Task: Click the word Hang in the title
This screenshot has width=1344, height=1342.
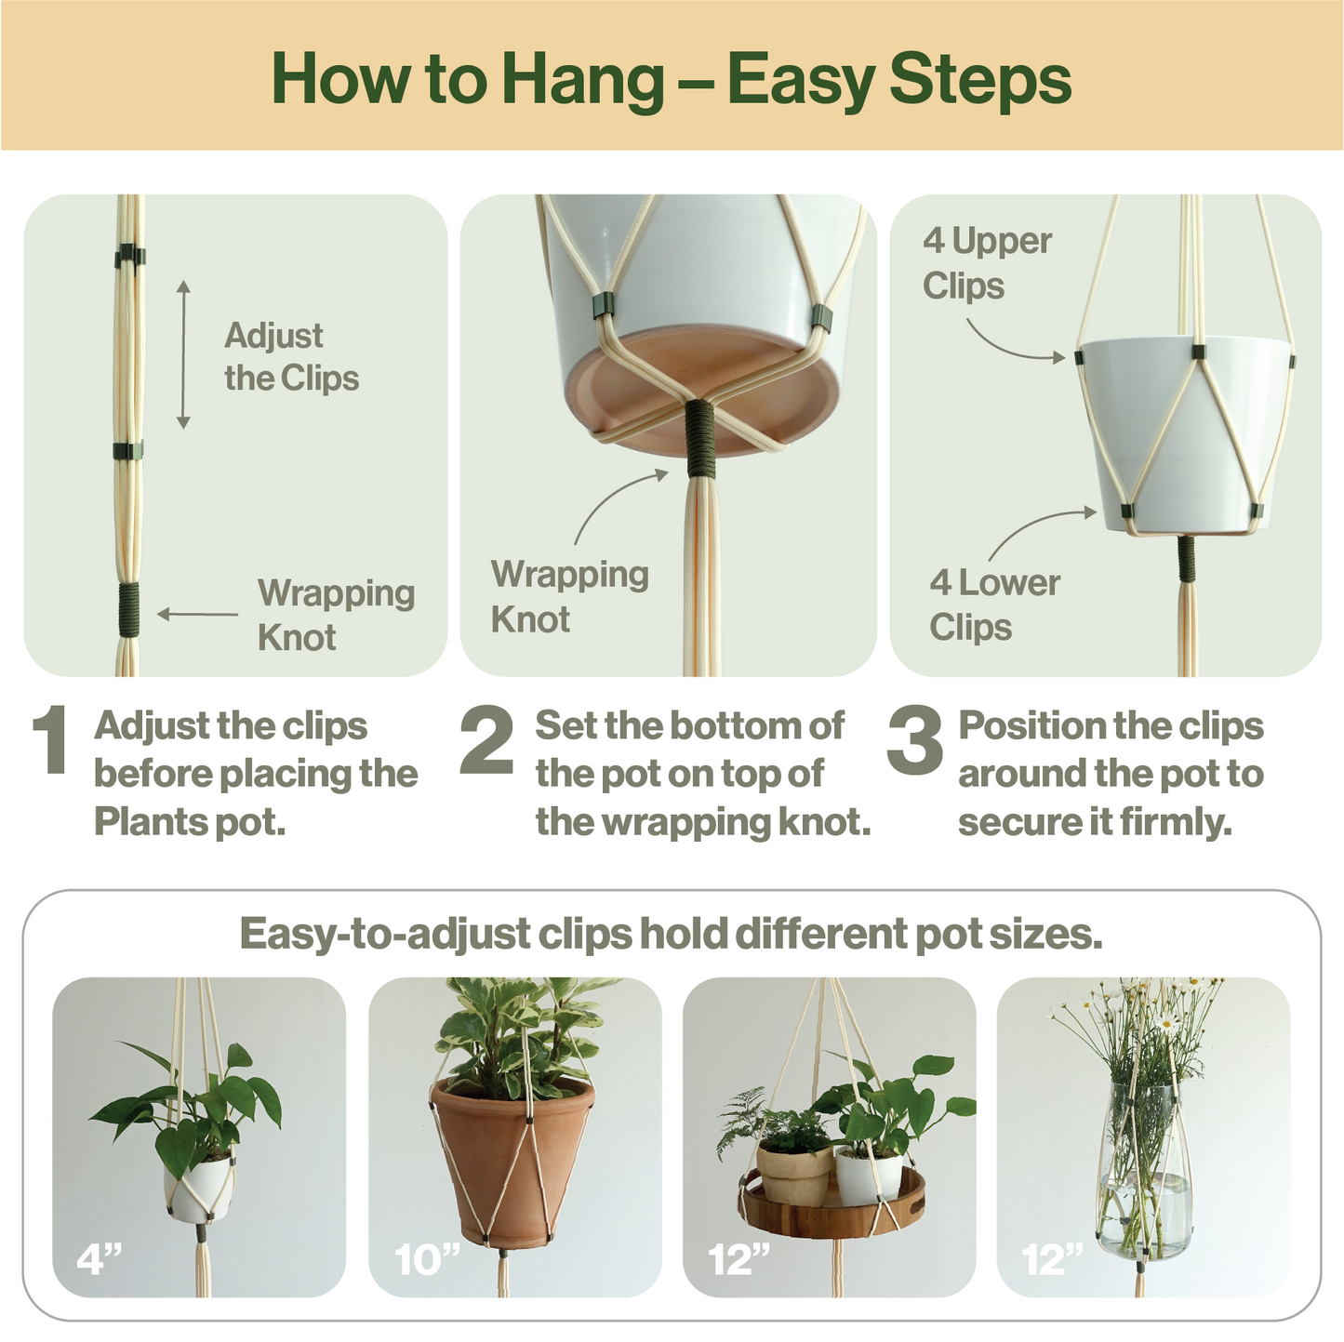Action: click(582, 81)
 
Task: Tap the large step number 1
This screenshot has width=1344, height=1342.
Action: click(49, 740)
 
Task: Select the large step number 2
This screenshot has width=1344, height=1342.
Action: click(486, 740)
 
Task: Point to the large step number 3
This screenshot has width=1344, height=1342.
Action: click(914, 740)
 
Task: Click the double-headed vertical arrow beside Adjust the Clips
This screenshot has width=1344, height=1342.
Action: click(183, 354)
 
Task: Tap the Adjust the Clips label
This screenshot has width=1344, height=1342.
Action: click(290, 357)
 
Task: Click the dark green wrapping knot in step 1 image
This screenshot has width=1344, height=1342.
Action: click(128, 609)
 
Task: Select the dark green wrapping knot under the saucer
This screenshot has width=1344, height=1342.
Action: click(699, 438)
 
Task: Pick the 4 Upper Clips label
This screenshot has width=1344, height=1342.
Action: click(986, 263)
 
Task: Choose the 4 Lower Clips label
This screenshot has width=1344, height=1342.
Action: click(993, 605)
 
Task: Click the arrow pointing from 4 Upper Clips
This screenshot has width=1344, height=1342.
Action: click(1014, 344)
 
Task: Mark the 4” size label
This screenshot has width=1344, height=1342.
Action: click(100, 1260)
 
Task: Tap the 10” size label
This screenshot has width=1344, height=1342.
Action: click(427, 1260)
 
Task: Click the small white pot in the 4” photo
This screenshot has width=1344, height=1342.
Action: click(199, 1190)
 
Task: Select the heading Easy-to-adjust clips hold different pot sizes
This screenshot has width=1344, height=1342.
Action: click(671, 934)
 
